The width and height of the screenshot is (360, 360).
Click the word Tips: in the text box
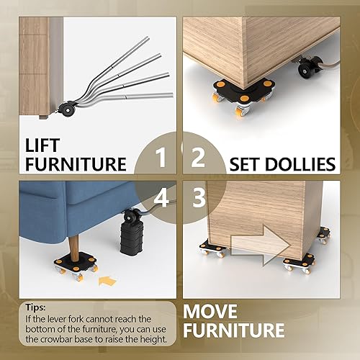36,306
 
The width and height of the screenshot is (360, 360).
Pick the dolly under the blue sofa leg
75,264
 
